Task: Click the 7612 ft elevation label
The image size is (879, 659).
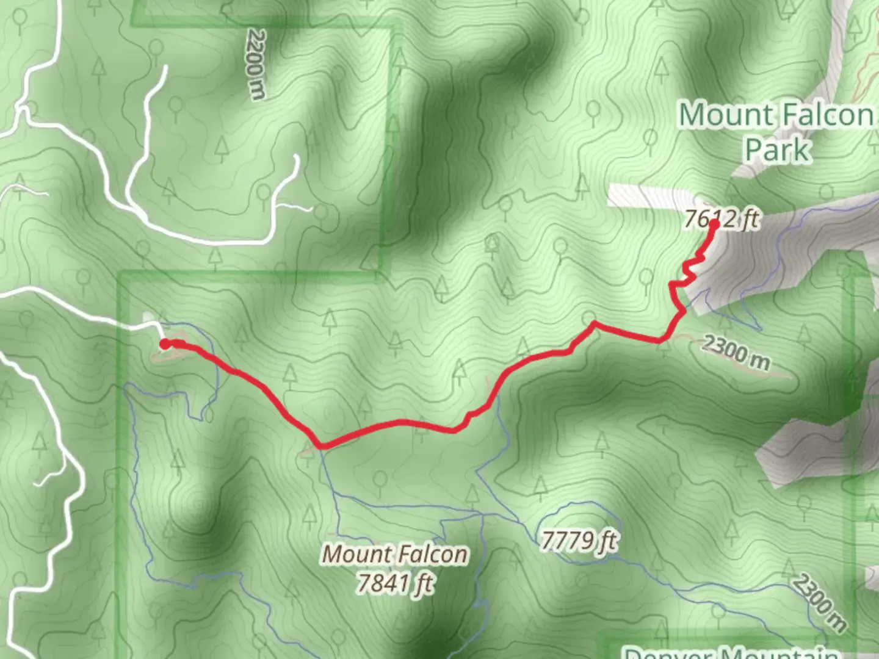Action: (722, 218)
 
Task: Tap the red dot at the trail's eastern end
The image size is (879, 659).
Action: (712, 223)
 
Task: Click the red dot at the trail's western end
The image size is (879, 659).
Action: (165, 344)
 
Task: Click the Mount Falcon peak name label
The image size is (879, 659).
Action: (396, 554)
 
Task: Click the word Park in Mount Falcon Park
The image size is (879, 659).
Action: (777, 149)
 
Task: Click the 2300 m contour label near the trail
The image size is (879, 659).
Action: (735, 353)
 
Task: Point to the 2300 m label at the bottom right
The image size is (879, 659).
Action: (820, 603)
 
